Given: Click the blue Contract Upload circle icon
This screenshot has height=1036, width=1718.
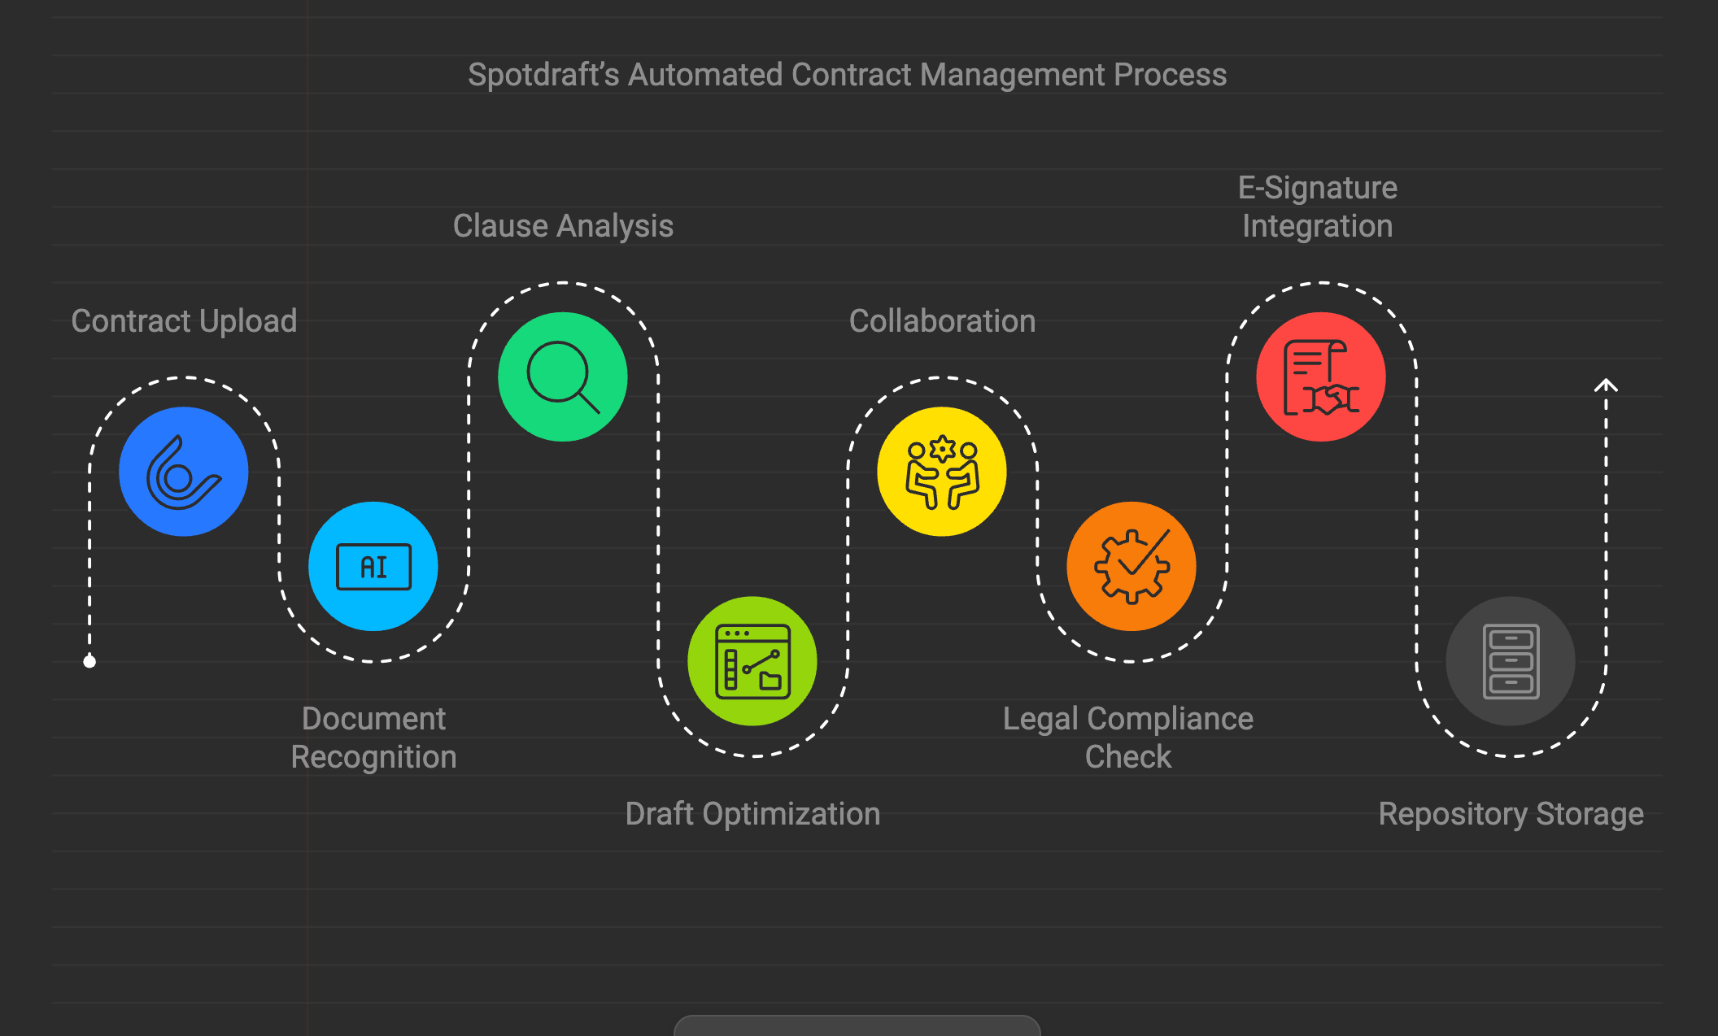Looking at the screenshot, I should coord(184,472).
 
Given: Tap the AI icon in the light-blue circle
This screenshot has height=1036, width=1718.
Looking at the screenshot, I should coord(373,567).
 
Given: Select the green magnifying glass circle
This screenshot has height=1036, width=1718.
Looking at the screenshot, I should coord(563,377).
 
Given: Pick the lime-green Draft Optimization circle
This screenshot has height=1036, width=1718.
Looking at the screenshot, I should coord(752,661).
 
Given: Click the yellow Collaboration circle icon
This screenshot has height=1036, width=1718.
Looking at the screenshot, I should coord(942,472).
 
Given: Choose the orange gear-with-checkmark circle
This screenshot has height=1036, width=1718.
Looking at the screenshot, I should coord(1132,567).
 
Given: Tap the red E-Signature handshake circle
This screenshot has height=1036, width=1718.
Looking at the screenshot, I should coord(1321,377).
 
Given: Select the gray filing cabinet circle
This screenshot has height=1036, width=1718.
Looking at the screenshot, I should coord(1511,661).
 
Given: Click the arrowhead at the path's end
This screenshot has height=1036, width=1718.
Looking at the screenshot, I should coord(1606,385).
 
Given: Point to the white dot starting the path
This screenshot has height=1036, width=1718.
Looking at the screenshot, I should coord(89,662).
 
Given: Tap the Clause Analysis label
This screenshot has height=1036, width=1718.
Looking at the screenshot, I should coord(563,226).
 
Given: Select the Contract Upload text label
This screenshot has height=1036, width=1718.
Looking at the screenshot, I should coord(184,321).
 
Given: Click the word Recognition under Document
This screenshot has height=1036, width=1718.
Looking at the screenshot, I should coord(373,757).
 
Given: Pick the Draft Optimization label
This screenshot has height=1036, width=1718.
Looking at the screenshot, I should coord(752,814).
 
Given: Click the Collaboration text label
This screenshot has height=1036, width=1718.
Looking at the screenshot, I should coord(942,321).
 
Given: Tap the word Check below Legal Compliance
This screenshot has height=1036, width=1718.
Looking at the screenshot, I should coord(1128,757).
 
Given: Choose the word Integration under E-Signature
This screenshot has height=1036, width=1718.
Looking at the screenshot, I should coord(1317,226).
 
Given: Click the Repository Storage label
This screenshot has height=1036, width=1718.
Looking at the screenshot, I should coord(1511,814).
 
